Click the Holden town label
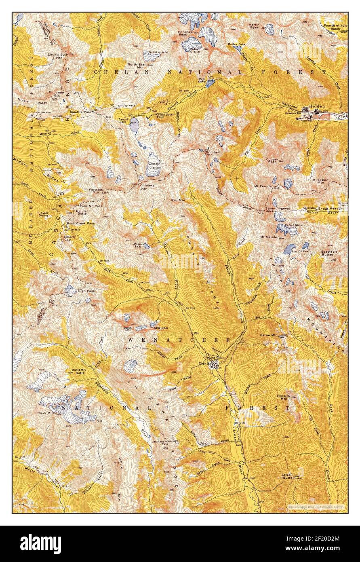point(317,106)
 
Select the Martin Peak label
point(254,26)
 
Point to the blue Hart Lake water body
point(210,83)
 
